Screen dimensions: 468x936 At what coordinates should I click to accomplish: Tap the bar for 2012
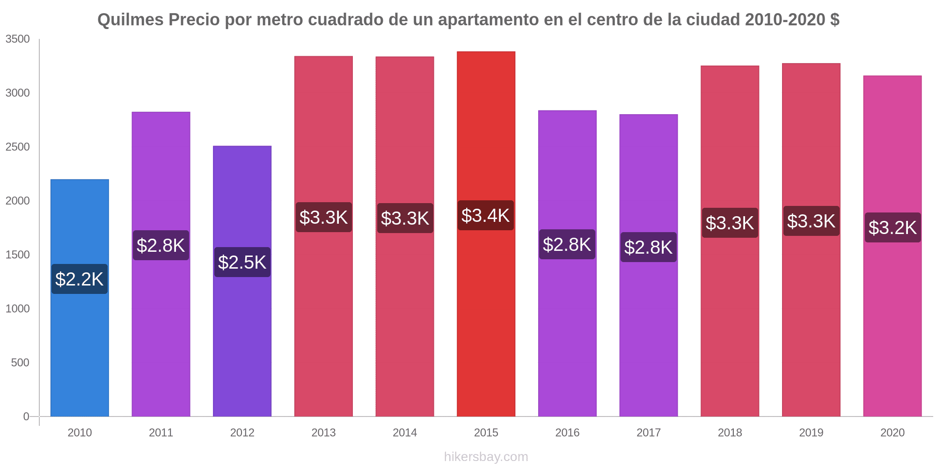coord(242,337)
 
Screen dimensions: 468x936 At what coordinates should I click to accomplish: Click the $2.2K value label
coord(79,279)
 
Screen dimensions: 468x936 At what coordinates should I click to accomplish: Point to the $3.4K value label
coord(485,215)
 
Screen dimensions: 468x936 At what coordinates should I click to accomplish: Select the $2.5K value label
coord(242,262)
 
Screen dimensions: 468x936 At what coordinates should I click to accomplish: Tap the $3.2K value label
coord(892,227)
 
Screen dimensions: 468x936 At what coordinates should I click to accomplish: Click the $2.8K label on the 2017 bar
coord(648,247)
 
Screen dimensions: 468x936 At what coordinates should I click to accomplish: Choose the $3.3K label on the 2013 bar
coord(323,217)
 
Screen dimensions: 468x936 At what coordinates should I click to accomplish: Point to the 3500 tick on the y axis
coord(17,39)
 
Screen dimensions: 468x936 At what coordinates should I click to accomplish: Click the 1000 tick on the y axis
coord(17,309)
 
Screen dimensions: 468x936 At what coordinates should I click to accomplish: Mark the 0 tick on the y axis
coord(26,417)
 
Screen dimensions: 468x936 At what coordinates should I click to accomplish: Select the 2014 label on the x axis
coord(405,432)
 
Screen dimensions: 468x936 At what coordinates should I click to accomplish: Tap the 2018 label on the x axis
coord(730,432)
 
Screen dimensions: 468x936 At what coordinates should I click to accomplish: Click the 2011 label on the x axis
coord(161,432)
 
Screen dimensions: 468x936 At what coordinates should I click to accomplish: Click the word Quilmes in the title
coord(131,20)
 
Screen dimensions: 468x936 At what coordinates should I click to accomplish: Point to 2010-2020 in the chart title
coord(785,20)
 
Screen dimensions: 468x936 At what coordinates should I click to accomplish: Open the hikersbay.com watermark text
coord(486,457)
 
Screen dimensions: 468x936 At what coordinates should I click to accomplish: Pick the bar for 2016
coord(567,328)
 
